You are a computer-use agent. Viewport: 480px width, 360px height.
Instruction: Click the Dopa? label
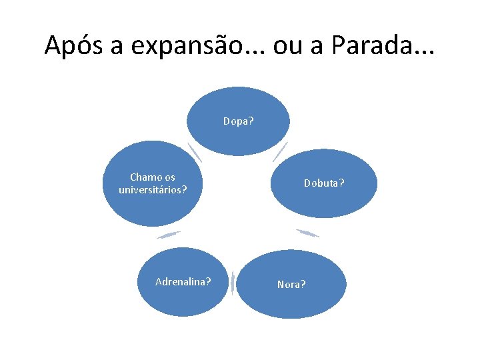(x=238, y=121)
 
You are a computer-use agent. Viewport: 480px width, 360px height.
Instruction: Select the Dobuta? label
(x=324, y=183)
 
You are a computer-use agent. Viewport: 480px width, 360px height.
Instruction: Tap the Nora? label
(x=291, y=284)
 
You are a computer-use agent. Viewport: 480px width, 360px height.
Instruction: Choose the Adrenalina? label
(x=183, y=281)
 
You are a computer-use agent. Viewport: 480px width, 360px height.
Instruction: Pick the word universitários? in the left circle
(x=153, y=189)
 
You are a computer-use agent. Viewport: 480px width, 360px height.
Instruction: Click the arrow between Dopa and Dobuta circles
(x=281, y=151)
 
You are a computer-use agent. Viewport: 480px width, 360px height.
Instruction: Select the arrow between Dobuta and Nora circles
(x=307, y=233)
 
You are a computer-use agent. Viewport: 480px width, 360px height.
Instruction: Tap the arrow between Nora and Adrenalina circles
(x=233, y=284)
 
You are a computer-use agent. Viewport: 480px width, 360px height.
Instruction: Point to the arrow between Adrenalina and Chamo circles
(x=169, y=234)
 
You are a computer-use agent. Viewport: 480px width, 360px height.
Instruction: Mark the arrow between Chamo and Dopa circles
(x=194, y=152)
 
